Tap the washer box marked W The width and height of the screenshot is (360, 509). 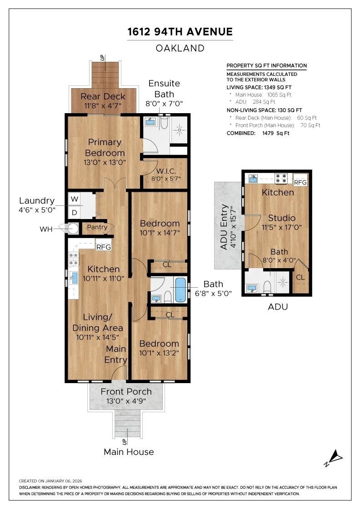75,199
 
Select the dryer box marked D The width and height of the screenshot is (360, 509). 75,213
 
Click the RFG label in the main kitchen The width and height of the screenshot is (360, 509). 104,247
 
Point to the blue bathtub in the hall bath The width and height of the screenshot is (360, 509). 180,290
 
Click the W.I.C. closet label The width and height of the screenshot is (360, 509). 166,171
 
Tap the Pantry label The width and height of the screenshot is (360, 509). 97,227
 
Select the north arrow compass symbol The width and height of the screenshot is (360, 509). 334,458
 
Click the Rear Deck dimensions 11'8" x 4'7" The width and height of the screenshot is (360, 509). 103,105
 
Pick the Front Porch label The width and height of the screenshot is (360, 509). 126,391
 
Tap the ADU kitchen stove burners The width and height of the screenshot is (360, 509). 281,179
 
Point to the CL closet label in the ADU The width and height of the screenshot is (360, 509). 300,278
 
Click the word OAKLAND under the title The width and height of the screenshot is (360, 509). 180,48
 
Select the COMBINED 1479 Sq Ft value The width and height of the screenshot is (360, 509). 275,133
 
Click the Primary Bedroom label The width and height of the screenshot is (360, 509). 105,147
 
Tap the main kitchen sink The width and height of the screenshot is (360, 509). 75,278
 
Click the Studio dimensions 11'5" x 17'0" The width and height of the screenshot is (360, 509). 282,227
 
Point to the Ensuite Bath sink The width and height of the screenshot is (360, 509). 150,122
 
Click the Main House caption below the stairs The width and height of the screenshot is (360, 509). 129,452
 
